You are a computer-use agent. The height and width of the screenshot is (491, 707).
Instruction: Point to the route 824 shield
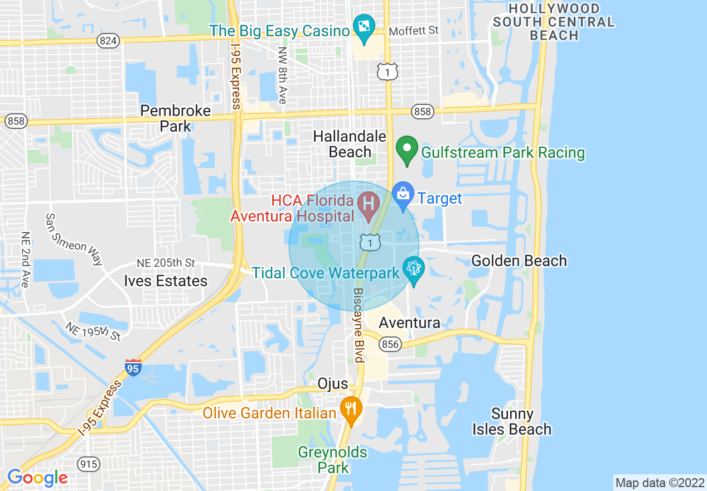point(107,41)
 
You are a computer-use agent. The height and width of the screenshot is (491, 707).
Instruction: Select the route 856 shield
point(390,344)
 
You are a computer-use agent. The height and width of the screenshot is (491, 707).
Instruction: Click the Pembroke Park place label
point(176,118)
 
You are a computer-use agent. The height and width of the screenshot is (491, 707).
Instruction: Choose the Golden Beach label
point(519,261)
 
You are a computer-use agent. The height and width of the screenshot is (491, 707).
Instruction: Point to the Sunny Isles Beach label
point(512,421)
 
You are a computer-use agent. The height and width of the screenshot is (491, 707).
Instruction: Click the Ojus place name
point(332,384)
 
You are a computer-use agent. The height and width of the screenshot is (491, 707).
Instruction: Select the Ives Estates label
point(165,281)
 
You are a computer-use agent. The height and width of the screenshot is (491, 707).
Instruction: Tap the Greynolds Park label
point(333,459)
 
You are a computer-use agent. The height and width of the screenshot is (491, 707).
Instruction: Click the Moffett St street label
point(414,30)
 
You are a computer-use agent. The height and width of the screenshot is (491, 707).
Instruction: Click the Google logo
point(37,478)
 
